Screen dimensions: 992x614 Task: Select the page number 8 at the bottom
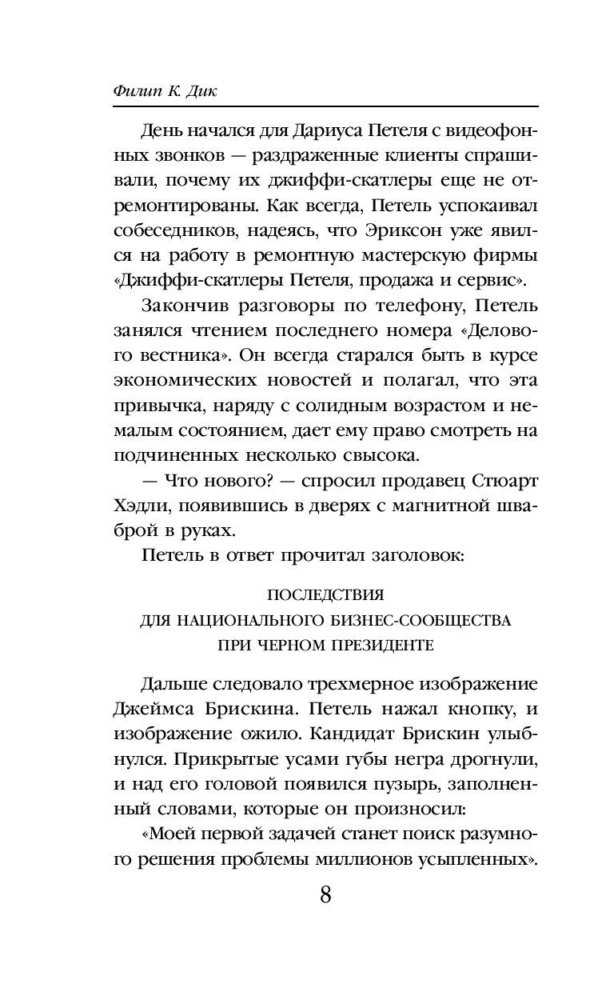325,894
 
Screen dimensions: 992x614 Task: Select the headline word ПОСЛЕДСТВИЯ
325,595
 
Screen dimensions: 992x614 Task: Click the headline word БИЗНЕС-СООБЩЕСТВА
409,620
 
